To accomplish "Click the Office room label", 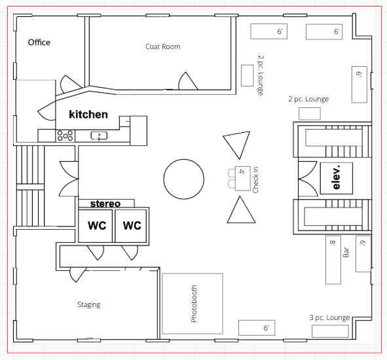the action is [x=39, y=43].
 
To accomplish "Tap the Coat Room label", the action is [x=162, y=46].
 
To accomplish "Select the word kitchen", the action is [x=88, y=115].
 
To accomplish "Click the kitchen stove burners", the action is [x=65, y=135].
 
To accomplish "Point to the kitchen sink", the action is [x=99, y=135].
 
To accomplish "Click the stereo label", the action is [x=105, y=204].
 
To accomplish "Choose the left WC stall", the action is [x=95, y=226].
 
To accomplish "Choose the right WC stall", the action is [x=130, y=226].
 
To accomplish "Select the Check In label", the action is [x=255, y=179].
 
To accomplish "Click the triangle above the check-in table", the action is [x=237, y=145].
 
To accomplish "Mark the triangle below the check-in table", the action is [x=241, y=210].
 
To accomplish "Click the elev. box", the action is [x=337, y=178].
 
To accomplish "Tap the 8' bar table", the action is [x=333, y=260].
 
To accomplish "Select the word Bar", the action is [x=346, y=252].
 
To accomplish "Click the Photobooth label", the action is [x=194, y=304].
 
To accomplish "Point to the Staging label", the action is [x=89, y=305].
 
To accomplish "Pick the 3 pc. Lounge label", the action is [x=330, y=317].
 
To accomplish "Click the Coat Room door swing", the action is [x=187, y=81].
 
